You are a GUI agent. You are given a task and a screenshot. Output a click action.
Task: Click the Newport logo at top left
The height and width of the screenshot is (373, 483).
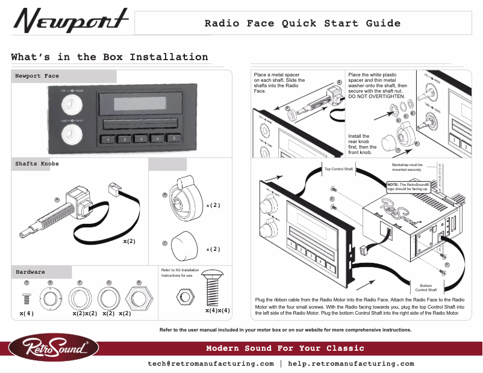[x=71, y=23]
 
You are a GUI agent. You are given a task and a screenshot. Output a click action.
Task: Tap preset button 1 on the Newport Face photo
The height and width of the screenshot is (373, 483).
[x=106, y=140]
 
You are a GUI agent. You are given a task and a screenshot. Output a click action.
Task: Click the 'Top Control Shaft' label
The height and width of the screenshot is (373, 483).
[x=338, y=169]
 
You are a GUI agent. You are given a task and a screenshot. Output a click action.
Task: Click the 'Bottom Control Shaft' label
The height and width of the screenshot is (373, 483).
[x=426, y=288]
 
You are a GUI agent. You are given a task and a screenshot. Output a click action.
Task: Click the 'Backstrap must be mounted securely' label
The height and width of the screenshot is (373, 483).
[x=407, y=167]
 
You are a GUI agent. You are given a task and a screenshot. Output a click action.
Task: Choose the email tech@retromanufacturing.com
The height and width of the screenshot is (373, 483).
[x=211, y=364]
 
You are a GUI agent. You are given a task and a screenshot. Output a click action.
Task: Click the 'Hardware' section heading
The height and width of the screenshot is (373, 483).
[x=31, y=272]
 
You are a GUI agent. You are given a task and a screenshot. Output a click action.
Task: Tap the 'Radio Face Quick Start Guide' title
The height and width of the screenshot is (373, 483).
[x=302, y=24]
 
